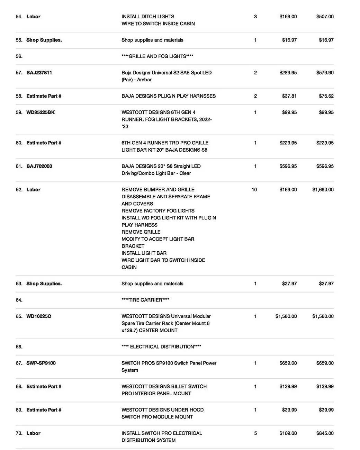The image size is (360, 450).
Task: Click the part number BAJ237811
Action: point(39,73)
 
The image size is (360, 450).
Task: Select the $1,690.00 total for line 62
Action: point(323,190)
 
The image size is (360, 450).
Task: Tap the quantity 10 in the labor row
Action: point(254,190)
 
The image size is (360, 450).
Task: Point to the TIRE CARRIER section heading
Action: point(145,300)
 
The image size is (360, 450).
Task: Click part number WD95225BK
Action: point(40,112)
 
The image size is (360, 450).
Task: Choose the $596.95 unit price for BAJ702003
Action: point(288,166)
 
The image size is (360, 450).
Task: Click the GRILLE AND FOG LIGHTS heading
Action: point(157,56)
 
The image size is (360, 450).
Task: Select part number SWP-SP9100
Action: point(41,363)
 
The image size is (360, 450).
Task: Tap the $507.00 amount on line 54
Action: point(325,17)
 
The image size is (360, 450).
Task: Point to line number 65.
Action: point(19,316)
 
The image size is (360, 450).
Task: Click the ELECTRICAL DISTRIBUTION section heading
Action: point(161,347)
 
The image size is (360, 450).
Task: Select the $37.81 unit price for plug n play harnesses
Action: point(289,96)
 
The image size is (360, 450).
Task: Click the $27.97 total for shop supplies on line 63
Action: point(326,284)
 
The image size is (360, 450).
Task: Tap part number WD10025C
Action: point(39,316)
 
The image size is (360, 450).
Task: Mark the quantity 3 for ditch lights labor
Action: point(255,17)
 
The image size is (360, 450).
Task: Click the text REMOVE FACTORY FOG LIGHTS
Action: point(158,211)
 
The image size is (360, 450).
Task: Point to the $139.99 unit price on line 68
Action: point(288,387)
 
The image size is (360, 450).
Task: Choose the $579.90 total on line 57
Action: point(325,73)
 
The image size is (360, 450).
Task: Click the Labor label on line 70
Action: point(33,433)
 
